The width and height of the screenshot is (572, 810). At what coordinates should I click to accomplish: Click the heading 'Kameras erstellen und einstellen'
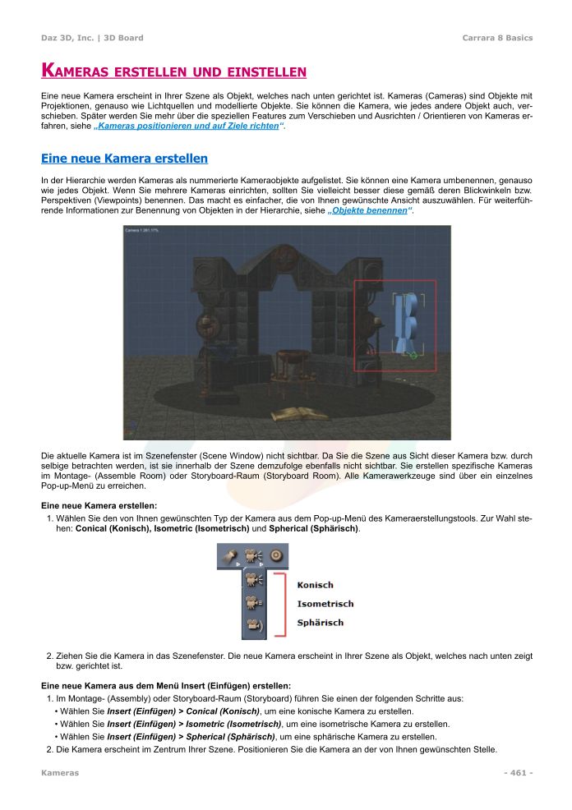(x=173, y=71)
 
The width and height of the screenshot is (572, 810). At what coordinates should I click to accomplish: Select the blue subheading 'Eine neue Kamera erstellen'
(x=124, y=158)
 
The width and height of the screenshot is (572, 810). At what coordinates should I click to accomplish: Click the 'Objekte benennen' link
(x=369, y=211)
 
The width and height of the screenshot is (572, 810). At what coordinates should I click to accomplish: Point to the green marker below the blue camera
(x=413, y=355)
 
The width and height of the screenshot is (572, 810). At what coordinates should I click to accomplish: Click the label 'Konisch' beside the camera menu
(x=315, y=585)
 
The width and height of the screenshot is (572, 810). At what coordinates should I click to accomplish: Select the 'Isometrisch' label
(x=325, y=604)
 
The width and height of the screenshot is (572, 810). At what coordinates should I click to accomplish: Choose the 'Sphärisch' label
(x=320, y=623)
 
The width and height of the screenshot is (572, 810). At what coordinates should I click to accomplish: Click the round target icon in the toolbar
(x=276, y=556)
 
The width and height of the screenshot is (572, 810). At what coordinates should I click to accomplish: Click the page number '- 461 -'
(x=518, y=773)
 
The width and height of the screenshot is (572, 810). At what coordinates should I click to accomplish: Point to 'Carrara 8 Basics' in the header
(x=497, y=38)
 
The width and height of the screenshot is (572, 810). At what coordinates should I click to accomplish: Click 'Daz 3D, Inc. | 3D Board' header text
(x=92, y=38)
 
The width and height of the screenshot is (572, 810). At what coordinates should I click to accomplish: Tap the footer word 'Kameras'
(x=60, y=773)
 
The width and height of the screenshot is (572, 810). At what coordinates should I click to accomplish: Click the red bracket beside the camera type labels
(x=282, y=605)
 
